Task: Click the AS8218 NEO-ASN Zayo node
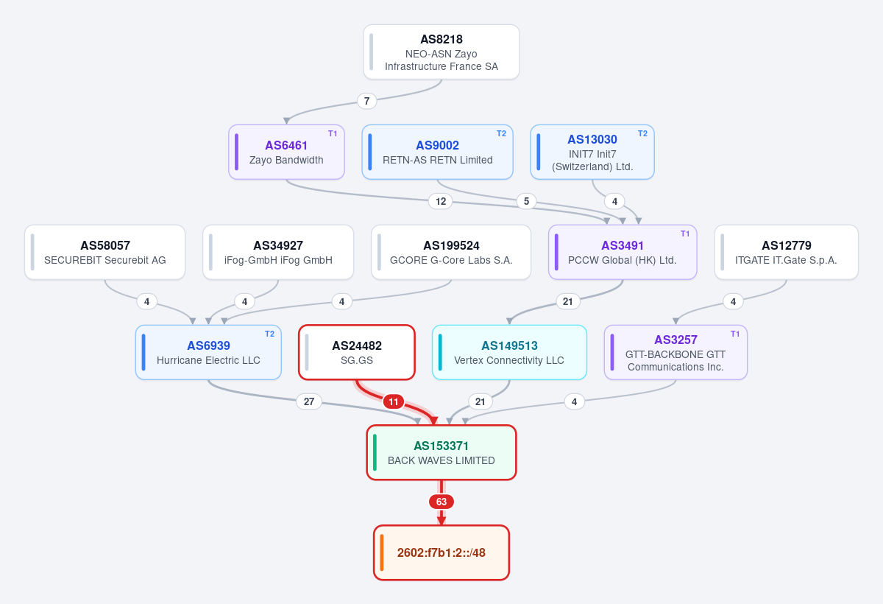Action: (x=441, y=52)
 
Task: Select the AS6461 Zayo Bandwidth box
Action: (x=286, y=152)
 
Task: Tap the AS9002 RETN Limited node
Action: (x=438, y=152)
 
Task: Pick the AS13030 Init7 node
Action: (x=592, y=152)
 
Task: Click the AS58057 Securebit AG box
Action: (x=104, y=252)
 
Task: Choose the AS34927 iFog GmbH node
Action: (x=278, y=252)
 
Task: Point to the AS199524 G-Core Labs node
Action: (x=451, y=252)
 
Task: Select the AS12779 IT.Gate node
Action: (x=787, y=252)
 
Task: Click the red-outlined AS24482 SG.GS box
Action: (x=357, y=352)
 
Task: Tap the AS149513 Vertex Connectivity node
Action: (x=509, y=352)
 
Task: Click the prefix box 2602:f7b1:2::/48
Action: (x=441, y=552)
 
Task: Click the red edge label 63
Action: (x=441, y=502)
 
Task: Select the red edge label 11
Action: (x=394, y=401)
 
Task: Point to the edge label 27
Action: (x=309, y=401)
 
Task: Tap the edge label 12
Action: (x=441, y=201)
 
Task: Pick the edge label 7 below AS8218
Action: (x=367, y=101)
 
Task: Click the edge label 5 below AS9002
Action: (x=526, y=201)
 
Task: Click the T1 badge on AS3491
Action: (x=685, y=233)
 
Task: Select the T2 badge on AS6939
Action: (x=269, y=334)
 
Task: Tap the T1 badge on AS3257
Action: (x=735, y=334)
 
